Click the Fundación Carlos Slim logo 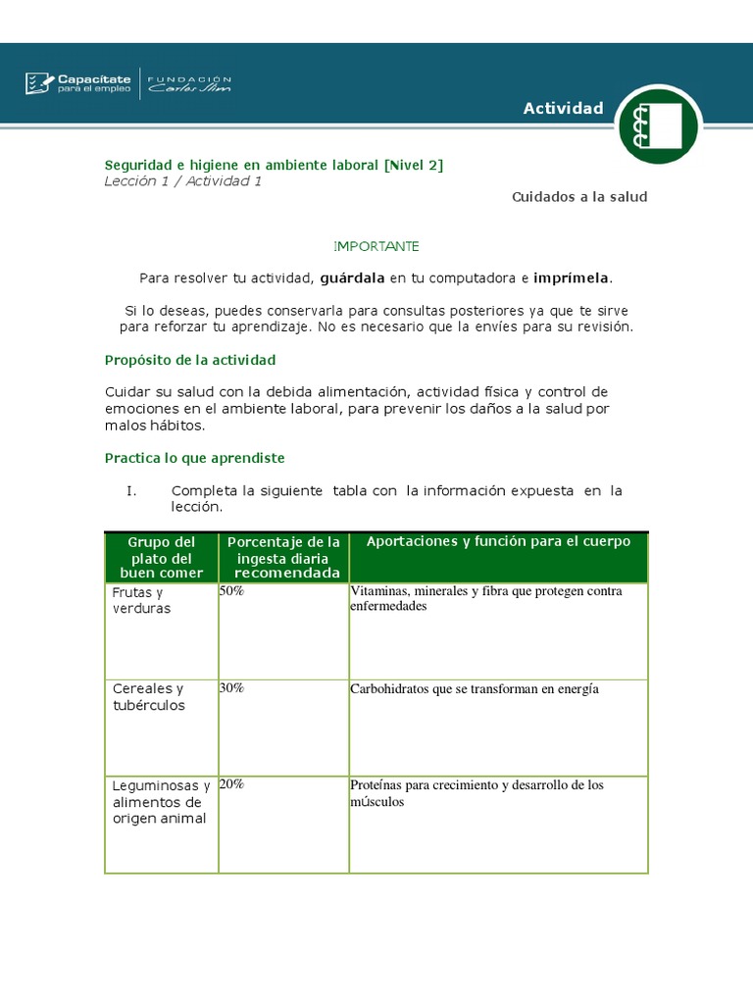[x=189, y=84]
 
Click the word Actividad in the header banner [x=563, y=108]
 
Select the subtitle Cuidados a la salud [x=579, y=197]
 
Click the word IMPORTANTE [x=376, y=246]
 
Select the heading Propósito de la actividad [x=190, y=360]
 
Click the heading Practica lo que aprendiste [x=194, y=458]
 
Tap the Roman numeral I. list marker [x=130, y=490]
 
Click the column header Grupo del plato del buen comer [x=162, y=557]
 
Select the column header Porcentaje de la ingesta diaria [x=283, y=557]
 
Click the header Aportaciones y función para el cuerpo [x=498, y=542]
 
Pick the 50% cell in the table [x=232, y=591]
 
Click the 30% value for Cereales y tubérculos [x=232, y=688]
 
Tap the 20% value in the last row [x=232, y=784]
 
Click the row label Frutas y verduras [x=141, y=600]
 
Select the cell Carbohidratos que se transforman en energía [x=474, y=689]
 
